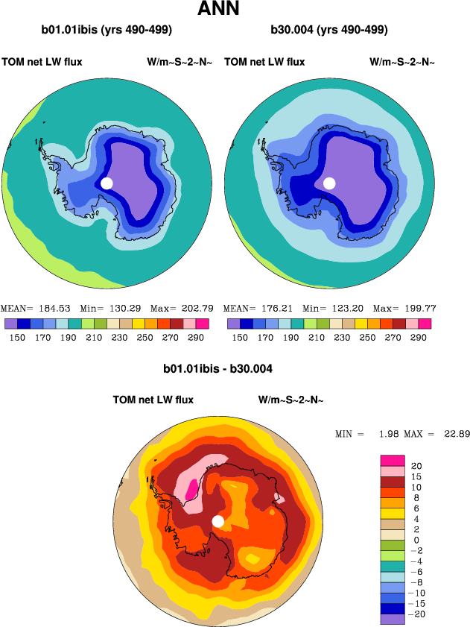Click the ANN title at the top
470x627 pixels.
coord(218,10)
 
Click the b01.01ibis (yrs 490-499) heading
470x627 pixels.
coord(107,31)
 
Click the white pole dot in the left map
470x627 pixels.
coord(107,183)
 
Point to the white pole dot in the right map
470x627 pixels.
coord(329,183)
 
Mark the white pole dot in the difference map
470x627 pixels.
coord(218,521)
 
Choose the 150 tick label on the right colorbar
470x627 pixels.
coord(240,337)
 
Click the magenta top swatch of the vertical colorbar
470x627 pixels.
coord(392,460)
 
